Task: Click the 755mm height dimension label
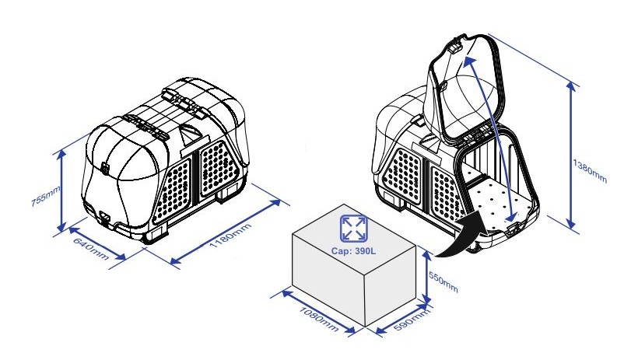(x=45, y=196)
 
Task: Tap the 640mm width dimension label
(x=91, y=249)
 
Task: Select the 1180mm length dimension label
(x=230, y=236)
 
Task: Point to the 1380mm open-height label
(x=590, y=171)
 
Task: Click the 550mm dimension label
(x=443, y=282)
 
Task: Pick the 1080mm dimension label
(x=319, y=320)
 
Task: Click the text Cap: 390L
(x=354, y=251)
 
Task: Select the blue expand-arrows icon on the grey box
(x=353, y=229)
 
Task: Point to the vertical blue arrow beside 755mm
(x=61, y=190)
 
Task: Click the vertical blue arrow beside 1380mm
(x=571, y=156)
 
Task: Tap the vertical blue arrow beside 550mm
(x=426, y=277)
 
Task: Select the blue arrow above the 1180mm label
(x=226, y=232)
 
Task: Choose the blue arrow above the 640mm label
(x=97, y=243)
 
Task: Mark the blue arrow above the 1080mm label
(x=318, y=313)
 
